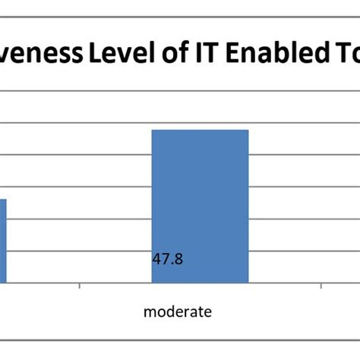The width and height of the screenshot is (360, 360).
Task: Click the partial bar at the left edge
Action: (3, 239)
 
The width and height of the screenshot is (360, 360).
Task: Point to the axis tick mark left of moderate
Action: (80, 286)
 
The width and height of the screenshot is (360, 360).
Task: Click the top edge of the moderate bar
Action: (200, 131)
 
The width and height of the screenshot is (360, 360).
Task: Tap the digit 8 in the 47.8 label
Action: (178, 259)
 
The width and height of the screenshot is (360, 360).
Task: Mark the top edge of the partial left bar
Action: (3, 200)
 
